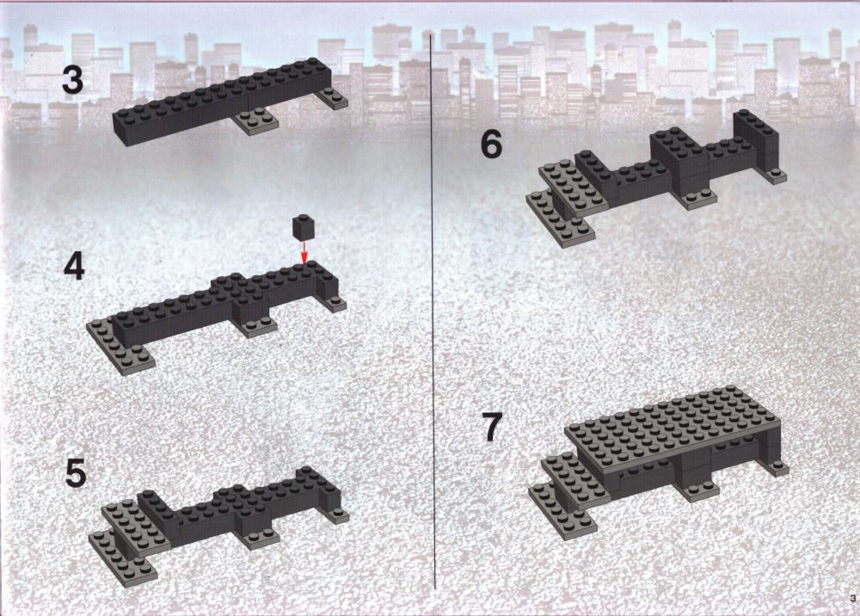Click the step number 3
pos(72,80)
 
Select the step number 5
pos(76,473)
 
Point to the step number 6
pos(491,145)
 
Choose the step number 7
pos(492,428)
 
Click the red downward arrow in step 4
pos(304,254)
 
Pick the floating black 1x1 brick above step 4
pos(304,227)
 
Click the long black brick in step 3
pos(223,101)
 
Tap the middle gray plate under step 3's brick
pos(255,121)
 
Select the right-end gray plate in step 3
pos(332,98)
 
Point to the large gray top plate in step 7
pos(673,428)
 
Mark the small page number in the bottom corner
pos(852,598)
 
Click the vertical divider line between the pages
pos(433,311)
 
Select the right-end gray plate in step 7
pos(777,468)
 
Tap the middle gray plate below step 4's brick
pos(257,326)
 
